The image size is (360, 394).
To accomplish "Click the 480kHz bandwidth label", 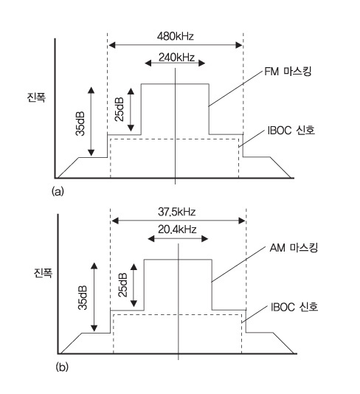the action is (176, 36).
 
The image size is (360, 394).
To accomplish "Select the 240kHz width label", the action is (176, 58).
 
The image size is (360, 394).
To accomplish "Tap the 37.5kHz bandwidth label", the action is (176, 212).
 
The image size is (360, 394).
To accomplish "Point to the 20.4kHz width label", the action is (177, 229).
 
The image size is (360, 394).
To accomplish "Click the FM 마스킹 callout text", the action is (288, 72).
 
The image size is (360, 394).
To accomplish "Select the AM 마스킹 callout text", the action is (294, 248).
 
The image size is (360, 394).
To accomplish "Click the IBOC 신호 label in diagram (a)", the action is (291, 131).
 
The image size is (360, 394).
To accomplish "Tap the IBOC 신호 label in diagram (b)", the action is (294, 307).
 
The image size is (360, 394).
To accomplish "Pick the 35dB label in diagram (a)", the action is (80, 123).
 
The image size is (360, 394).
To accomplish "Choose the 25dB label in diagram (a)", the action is (120, 109).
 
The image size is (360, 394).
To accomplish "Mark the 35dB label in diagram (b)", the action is (83, 298).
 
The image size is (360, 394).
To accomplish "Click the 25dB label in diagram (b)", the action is (122, 285).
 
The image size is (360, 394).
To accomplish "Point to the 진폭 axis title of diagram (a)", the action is (36, 97).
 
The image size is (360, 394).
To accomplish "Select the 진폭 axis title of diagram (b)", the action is (43, 272).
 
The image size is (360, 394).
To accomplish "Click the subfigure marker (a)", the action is (58, 192).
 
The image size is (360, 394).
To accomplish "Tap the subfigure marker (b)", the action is (62, 367).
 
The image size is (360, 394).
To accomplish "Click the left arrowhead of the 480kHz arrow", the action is (112, 45).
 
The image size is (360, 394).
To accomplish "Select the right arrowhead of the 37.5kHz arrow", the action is (242, 221).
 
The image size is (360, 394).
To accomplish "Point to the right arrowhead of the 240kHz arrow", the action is (201, 63).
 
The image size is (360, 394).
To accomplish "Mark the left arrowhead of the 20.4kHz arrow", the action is (151, 239).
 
